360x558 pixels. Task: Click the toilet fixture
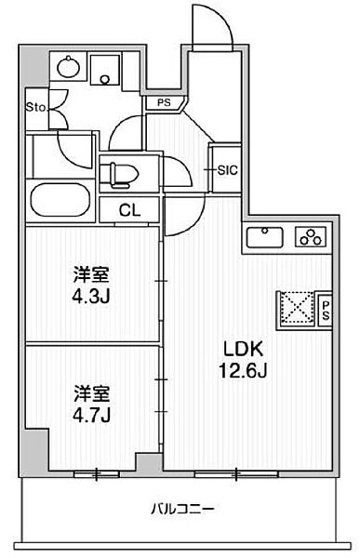click(121, 175)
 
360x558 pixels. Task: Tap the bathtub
click(60, 200)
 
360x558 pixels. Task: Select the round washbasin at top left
click(68, 66)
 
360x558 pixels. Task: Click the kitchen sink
click(265, 236)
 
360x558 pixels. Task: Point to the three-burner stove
click(311, 236)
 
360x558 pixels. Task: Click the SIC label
click(227, 170)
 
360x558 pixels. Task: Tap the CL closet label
click(129, 211)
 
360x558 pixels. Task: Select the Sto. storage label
click(36, 107)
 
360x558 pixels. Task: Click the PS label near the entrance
click(164, 103)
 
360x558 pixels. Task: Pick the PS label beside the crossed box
click(326, 311)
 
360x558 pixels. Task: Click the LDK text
click(243, 350)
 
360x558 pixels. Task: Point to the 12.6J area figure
click(243, 371)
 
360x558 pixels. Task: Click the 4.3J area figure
click(91, 296)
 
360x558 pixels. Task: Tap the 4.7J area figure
click(91, 415)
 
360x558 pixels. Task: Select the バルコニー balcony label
click(182, 510)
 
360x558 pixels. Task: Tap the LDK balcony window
click(236, 473)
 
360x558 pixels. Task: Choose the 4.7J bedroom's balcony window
click(97, 473)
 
